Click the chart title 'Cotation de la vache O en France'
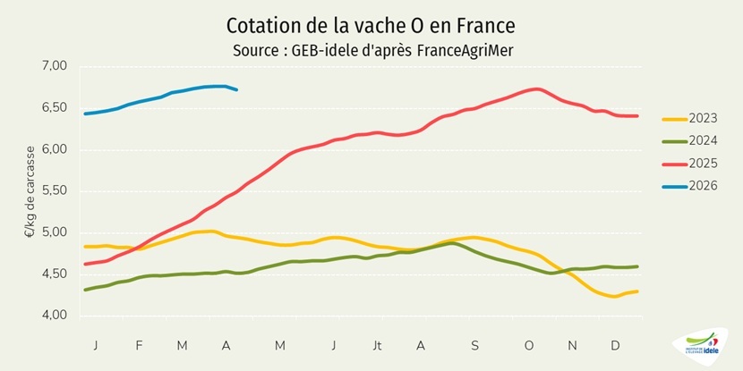(x=371, y=24)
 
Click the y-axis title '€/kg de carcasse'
(x=30, y=190)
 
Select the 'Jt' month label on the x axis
(x=377, y=345)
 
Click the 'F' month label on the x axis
(x=140, y=345)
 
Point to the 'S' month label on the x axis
(x=474, y=345)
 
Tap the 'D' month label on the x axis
(x=616, y=345)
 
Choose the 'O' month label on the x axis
(x=528, y=345)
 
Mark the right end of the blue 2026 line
(x=236, y=89)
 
